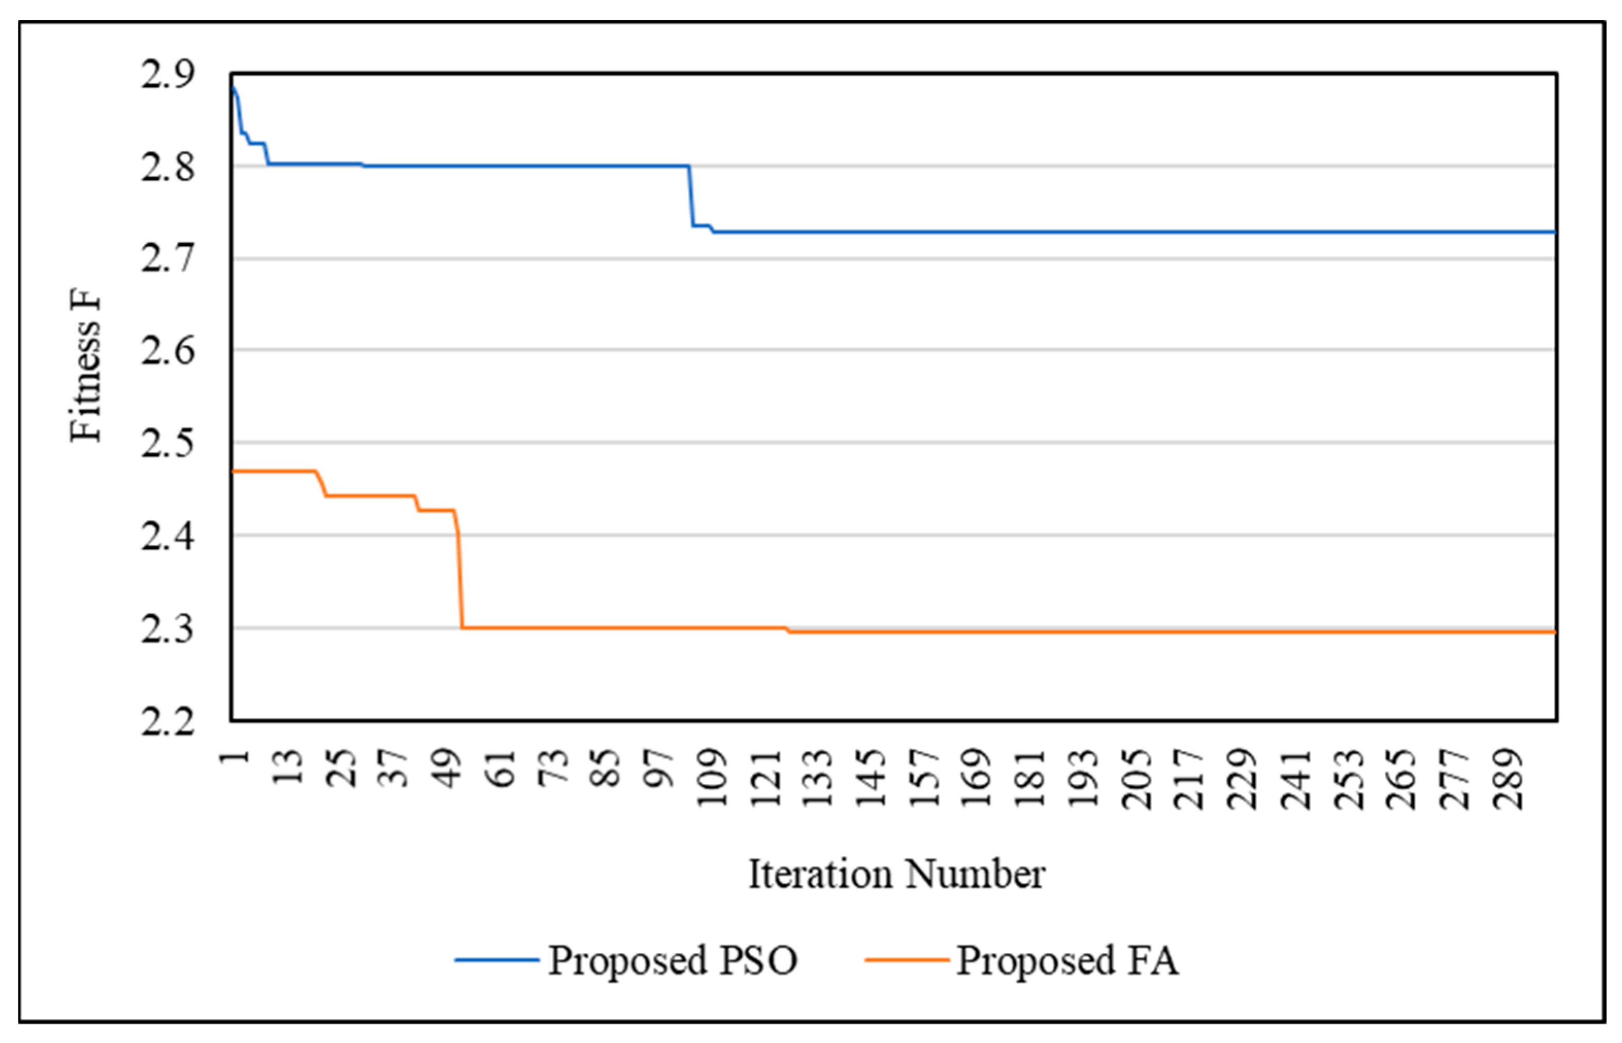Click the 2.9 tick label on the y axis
167,75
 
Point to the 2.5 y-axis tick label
167,444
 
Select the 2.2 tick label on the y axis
167,722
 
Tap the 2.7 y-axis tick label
167,259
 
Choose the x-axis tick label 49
447,769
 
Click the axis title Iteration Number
896,874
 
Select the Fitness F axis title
86,366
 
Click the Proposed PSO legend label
672,961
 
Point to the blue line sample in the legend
496,961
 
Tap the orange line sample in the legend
906,961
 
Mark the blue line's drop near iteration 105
691,196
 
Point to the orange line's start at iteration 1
233,470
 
